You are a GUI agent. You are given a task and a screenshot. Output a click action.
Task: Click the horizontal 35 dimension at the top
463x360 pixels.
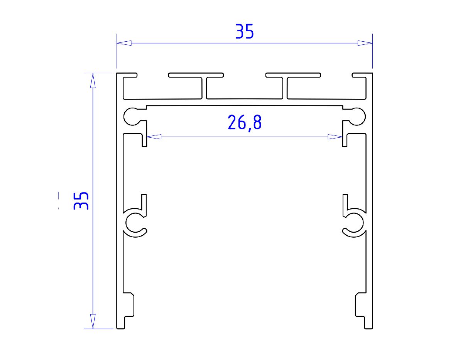coord(245,32)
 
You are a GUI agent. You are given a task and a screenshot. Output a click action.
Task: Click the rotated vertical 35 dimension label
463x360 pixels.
coord(81,201)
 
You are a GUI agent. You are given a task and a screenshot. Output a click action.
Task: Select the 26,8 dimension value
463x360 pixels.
coord(245,123)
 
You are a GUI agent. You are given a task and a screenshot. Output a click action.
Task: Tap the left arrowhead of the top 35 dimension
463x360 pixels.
coord(124,43)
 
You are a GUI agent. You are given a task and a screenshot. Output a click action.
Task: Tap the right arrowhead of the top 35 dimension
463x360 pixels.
coord(365,43)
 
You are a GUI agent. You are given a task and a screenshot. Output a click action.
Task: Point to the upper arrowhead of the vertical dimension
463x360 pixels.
coord(93,80)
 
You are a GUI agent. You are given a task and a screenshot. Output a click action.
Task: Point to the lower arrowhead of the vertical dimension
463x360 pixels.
coord(93,321)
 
